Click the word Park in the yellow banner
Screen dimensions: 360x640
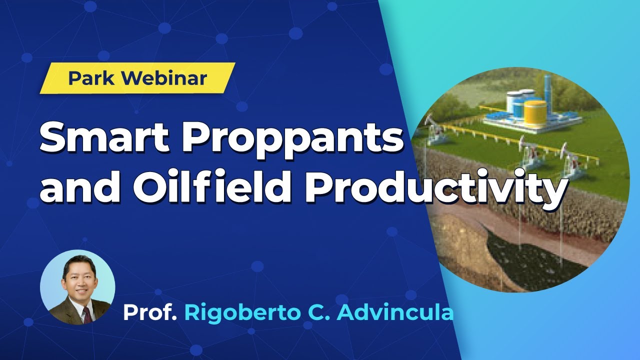click(x=91, y=78)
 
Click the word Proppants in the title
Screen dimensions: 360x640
click(x=292, y=139)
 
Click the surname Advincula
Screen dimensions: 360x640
click(x=395, y=312)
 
